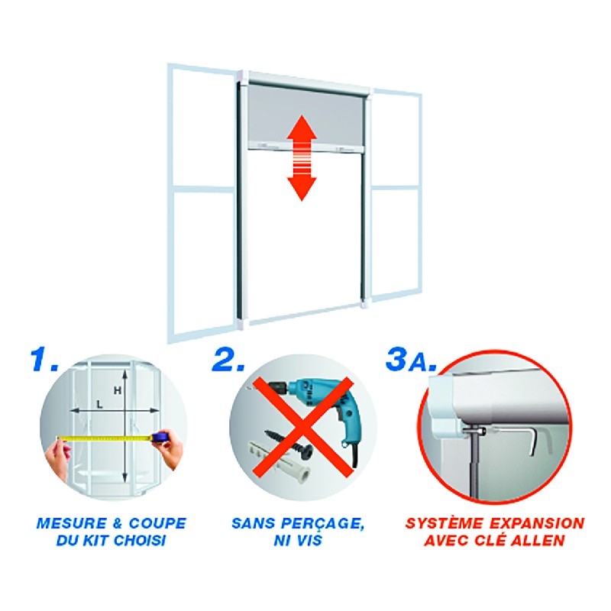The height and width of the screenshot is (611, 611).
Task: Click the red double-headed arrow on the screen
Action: tap(302, 158)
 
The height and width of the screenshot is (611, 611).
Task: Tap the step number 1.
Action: tap(44, 359)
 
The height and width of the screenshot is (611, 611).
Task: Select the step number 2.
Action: tap(228, 359)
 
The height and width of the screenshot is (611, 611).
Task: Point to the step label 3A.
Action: tap(411, 359)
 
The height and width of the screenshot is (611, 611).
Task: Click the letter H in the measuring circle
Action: tap(118, 390)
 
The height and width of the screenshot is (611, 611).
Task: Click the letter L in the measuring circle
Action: tap(100, 405)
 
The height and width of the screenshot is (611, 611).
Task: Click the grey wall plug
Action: tap(279, 463)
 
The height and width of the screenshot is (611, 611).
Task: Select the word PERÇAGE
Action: tap(322, 523)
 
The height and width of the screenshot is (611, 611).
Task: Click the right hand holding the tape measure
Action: tap(170, 448)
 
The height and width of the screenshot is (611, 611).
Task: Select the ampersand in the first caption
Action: tap(118, 523)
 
